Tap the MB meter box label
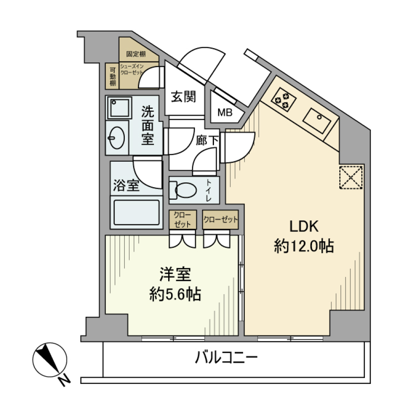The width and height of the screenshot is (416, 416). click(224, 113)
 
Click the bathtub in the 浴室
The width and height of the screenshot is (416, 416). click(136, 211)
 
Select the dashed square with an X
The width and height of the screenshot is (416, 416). click(351, 177)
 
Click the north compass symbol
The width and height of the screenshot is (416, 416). click(49, 361)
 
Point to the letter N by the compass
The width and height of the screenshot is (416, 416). click(65, 380)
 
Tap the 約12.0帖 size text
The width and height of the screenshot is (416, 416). click(303, 246)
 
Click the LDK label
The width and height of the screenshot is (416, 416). click(304, 226)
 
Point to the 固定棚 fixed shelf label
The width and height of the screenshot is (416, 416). click(136, 55)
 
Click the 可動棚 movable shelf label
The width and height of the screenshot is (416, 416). click(112, 76)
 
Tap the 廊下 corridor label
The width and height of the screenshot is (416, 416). click(207, 140)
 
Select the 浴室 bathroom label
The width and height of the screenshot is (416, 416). click(126, 186)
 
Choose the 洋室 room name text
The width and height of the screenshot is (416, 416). click(175, 275)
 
